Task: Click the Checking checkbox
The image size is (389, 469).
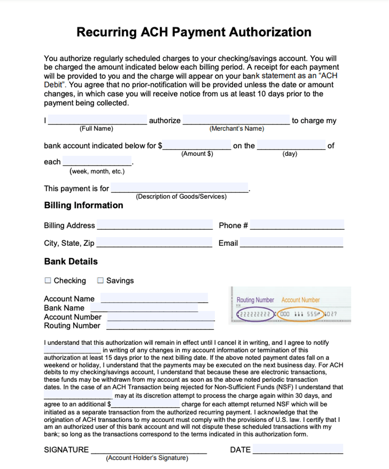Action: (x=48, y=280)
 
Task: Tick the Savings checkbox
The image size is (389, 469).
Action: (x=100, y=280)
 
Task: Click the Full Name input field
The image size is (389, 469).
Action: (x=98, y=120)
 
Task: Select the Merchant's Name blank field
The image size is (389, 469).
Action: (x=236, y=120)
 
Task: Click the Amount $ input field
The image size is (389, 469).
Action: (x=197, y=145)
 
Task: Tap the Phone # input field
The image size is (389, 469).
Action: (x=297, y=225)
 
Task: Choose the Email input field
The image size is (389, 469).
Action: (x=291, y=243)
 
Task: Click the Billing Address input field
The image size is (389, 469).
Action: (x=155, y=225)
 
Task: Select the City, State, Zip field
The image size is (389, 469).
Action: (x=154, y=243)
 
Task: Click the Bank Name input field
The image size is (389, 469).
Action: (x=144, y=307)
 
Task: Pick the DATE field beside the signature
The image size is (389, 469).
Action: (x=298, y=449)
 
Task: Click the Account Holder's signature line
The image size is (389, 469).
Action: (x=149, y=449)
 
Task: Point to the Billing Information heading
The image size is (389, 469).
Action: (x=83, y=205)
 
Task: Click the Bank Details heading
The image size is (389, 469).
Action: (x=71, y=261)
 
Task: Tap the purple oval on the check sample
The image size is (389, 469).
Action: (x=256, y=314)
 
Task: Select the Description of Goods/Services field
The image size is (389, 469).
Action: (x=180, y=188)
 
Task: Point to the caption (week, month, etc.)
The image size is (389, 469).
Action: (x=97, y=171)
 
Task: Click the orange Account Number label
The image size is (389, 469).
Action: (x=301, y=300)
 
